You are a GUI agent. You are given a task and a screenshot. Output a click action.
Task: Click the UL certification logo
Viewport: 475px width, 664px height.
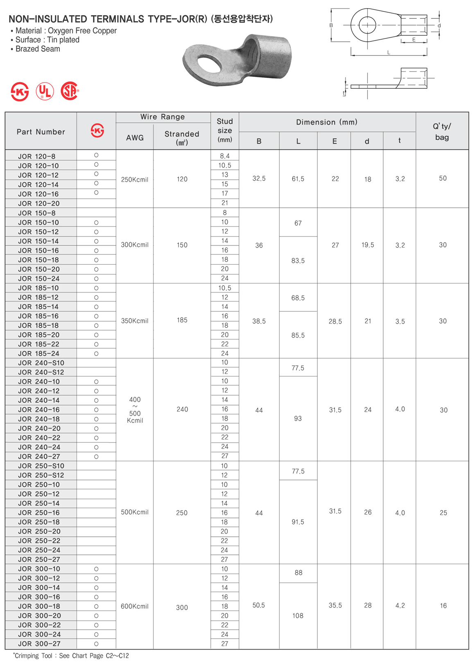click(x=45, y=91)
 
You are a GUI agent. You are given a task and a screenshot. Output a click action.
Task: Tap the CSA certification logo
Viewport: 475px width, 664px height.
click(x=70, y=91)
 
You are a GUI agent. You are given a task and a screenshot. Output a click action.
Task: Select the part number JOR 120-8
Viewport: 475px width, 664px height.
click(x=36, y=156)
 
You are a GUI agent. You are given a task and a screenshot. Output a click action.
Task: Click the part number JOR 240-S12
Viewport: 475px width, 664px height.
click(x=41, y=372)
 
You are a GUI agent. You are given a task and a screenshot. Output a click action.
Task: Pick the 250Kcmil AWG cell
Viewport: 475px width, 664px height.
click(x=135, y=180)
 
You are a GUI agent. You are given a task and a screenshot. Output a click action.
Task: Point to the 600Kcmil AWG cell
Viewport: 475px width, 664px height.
click(x=135, y=606)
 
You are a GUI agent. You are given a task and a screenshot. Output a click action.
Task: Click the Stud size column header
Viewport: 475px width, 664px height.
click(x=225, y=130)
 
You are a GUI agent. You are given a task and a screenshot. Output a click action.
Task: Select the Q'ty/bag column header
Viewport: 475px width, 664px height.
click(x=442, y=132)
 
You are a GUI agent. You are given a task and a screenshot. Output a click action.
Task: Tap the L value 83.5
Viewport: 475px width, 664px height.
click(x=298, y=261)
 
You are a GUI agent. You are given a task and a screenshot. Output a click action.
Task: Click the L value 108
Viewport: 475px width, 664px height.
click(x=298, y=616)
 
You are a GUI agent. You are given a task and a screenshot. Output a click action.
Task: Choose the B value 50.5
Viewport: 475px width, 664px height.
click(x=259, y=605)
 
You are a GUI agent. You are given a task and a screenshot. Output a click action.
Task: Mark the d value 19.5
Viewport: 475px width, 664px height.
click(x=368, y=245)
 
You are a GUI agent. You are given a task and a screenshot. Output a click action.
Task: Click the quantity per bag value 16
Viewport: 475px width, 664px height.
click(x=443, y=606)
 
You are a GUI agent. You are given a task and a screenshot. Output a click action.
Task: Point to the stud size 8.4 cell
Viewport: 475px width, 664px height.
click(x=225, y=156)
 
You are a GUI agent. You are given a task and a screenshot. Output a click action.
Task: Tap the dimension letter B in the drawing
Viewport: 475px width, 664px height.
click(x=331, y=25)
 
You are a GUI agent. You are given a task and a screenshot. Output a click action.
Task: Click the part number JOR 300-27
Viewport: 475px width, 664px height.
click(x=39, y=644)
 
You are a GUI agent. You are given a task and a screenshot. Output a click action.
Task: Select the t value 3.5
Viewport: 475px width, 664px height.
click(x=400, y=322)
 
